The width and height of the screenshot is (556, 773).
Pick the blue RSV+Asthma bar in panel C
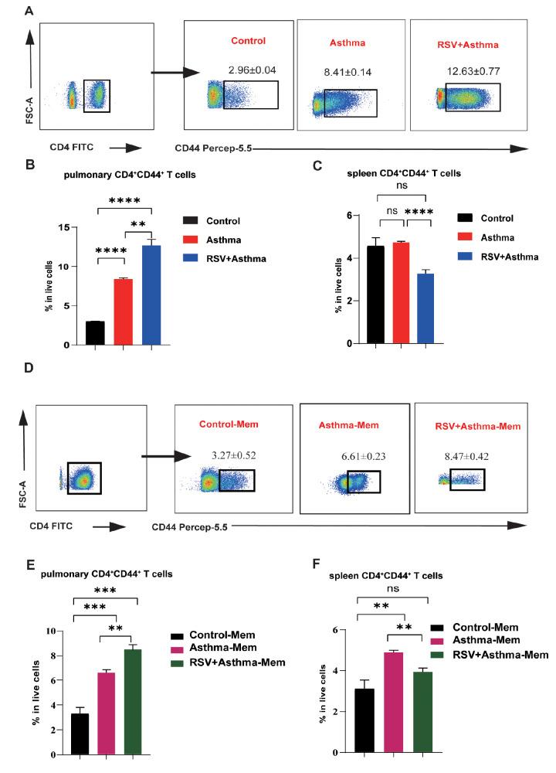pos(426,308)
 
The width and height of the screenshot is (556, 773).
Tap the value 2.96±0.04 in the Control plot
pos(253,70)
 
